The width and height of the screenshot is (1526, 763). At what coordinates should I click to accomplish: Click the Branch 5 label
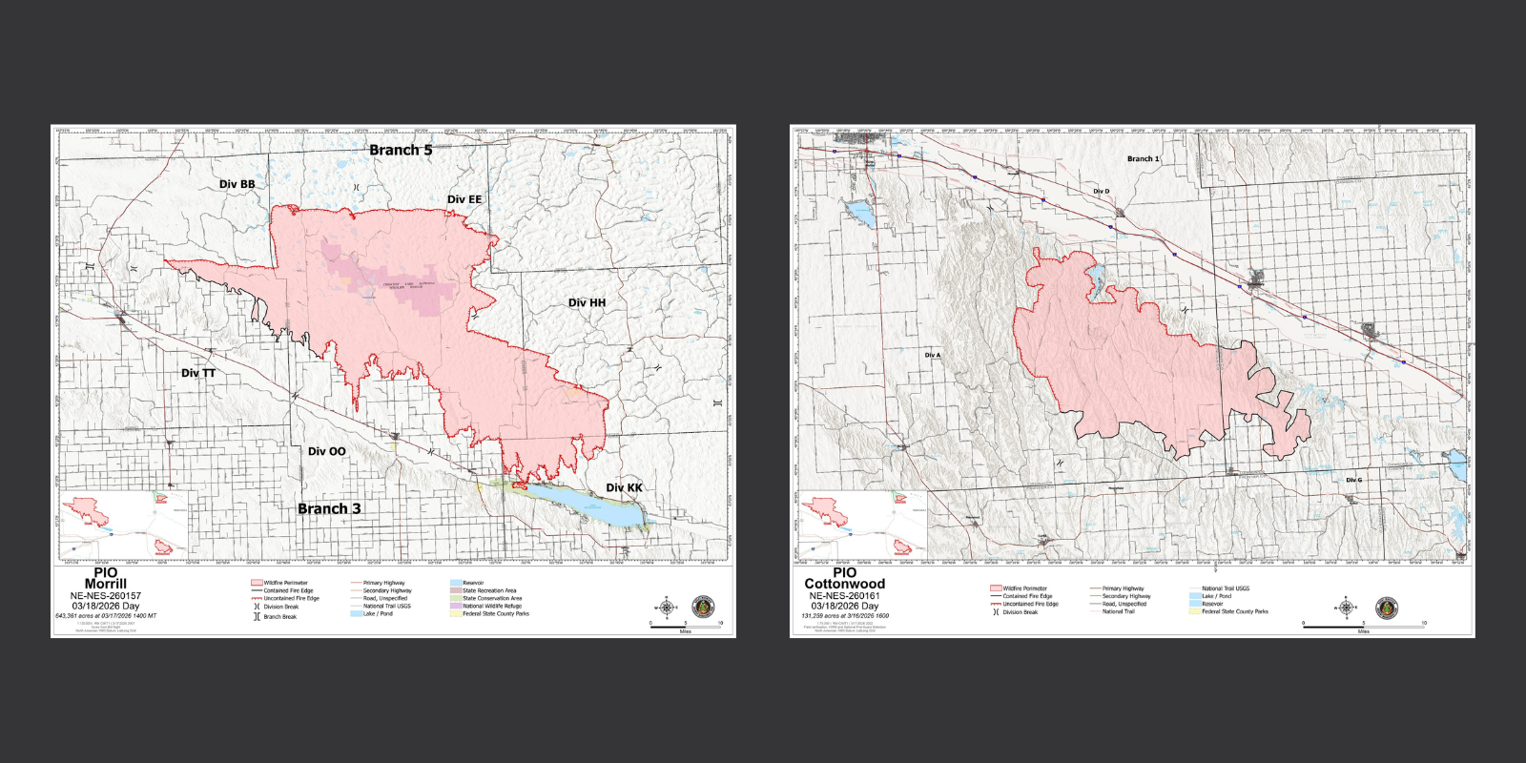click(401, 150)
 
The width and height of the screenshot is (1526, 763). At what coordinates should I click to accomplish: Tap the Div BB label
click(237, 184)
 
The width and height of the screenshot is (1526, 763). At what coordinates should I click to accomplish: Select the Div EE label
click(464, 199)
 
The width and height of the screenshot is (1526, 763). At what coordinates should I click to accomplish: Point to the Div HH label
click(587, 302)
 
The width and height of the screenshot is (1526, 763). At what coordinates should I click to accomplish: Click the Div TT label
click(198, 373)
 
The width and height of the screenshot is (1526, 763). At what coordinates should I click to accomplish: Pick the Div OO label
click(326, 451)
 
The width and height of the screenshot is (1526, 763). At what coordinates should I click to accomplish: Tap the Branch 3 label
click(329, 508)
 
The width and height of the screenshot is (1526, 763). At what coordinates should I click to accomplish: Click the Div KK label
click(624, 487)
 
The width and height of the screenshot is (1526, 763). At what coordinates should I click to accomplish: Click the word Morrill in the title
click(105, 584)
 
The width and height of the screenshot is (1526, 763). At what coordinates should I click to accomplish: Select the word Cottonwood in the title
click(844, 584)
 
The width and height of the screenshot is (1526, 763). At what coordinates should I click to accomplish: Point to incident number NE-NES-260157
click(105, 595)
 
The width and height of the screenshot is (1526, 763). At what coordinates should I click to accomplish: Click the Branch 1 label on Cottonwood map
click(1143, 159)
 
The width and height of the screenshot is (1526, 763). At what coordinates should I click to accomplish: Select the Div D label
click(1101, 192)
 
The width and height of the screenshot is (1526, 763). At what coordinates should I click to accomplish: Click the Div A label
click(932, 355)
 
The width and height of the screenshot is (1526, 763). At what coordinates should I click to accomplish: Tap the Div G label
click(1353, 480)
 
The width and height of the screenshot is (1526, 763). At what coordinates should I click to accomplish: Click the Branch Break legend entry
click(279, 617)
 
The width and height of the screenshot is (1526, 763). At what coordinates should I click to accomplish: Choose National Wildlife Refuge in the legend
click(491, 606)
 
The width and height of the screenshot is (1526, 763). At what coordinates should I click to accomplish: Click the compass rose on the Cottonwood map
click(1346, 608)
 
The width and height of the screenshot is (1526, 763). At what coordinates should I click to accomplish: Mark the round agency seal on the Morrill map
click(703, 608)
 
